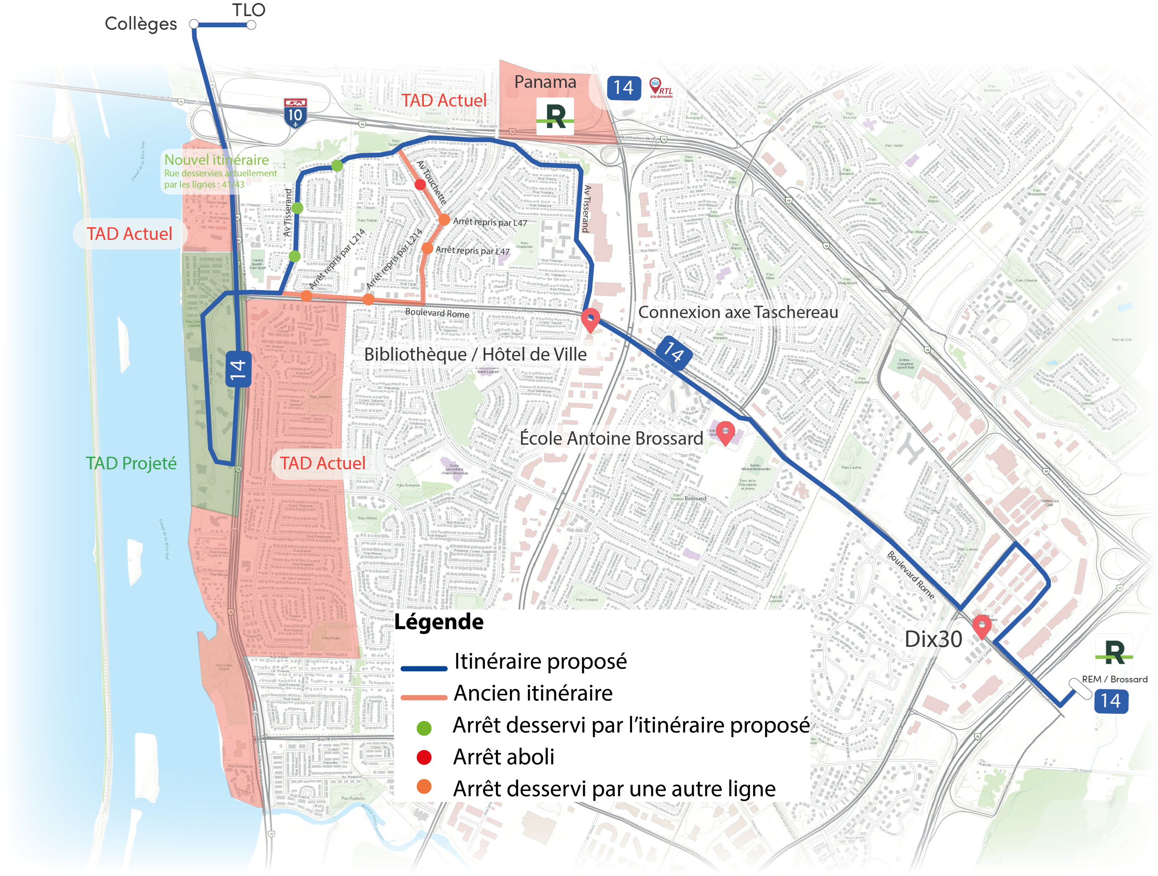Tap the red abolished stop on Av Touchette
(420, 184)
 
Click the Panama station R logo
(555, 116)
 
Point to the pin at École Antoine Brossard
(725, 433)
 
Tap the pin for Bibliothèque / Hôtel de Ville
(591, 320)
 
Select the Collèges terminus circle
(194, 24)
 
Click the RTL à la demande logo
(660, 88)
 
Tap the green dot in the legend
(424, 727)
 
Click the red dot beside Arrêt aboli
(424, 757)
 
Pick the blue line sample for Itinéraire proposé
(424, 668)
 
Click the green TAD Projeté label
(132, 463)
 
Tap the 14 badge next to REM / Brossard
(1111, 701)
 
